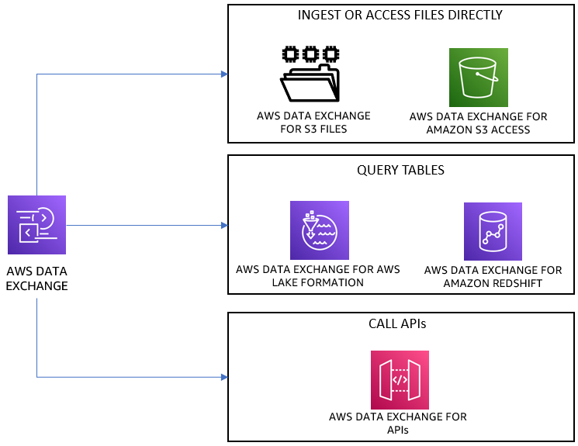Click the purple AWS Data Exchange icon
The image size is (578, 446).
[x=36, y=225]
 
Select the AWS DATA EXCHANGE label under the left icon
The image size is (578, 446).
[x=36, y=278]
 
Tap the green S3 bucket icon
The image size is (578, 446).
[x=478, y=78]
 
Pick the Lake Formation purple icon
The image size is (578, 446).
[x=319, y=230]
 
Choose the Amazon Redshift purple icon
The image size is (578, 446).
[x=493, y=231]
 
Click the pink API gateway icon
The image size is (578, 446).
[x=400, y=380]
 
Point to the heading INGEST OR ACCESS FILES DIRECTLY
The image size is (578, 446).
[x=400, y=15]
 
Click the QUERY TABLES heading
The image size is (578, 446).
[x=400, y=170]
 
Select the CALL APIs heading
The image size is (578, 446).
[x=400, y=323]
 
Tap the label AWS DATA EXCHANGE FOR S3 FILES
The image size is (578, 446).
[x=313, y=123]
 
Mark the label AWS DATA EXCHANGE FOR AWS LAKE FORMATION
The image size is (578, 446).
[x=318, y=276]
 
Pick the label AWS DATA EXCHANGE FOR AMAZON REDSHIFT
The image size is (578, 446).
[x=493, y=277]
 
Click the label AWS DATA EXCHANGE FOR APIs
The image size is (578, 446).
[x=398, y=424]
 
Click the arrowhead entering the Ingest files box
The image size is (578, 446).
[x=223, y=74]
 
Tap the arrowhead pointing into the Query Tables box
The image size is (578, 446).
[x=223, y=226]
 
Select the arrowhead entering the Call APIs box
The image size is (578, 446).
[x=223, y=378]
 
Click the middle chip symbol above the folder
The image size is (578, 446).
[x=310, y=54]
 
